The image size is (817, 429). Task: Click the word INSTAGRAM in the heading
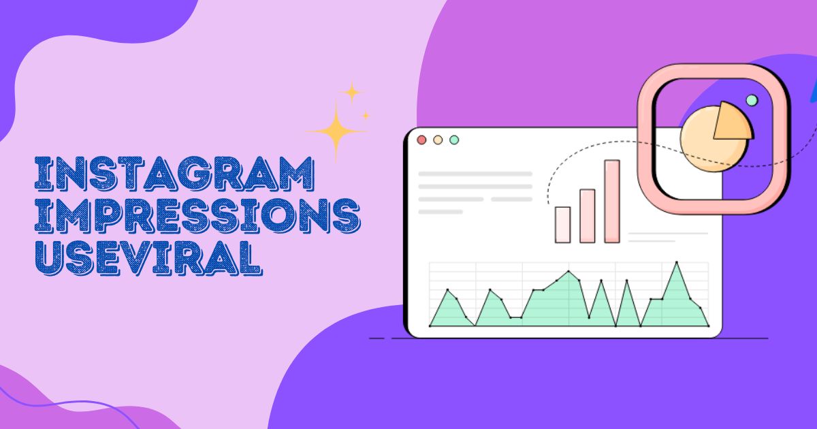[174, 174]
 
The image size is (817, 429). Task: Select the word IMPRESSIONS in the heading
[197, 216]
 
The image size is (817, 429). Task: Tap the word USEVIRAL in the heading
[148, 257]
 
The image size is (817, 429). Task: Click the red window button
[421, 140]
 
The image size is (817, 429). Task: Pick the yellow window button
[438, 140]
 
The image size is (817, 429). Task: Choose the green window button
[454, 140]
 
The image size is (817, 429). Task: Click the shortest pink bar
[563, 225]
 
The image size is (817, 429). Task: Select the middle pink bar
[588, 216]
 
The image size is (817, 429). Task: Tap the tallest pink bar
[612, 201]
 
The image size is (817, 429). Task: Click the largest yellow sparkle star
[336, 131]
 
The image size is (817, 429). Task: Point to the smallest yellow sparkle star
[366, 116]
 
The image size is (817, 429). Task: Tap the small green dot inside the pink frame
[752, 100]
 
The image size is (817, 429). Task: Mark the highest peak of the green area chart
[677, 262]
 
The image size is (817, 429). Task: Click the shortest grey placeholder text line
[440, 212]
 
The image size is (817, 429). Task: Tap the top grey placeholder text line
[475, 174]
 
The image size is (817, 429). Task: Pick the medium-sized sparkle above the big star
[351, 92]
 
